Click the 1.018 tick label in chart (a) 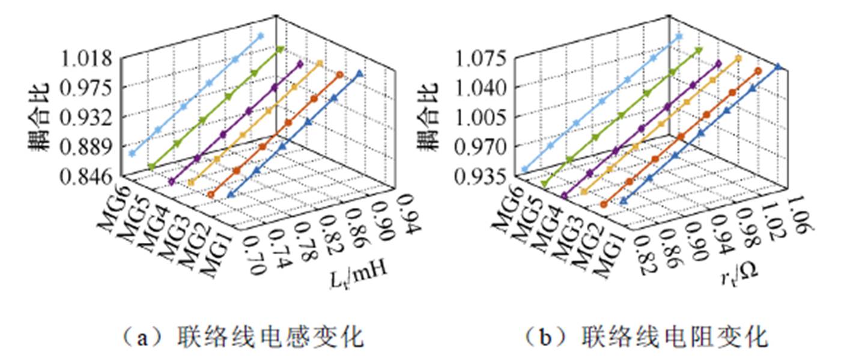[x=87, y=59]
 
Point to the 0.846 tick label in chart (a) [x=87, y=176]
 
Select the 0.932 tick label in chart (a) [x=87, y=117]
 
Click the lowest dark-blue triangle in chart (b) [x=623, y=201]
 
